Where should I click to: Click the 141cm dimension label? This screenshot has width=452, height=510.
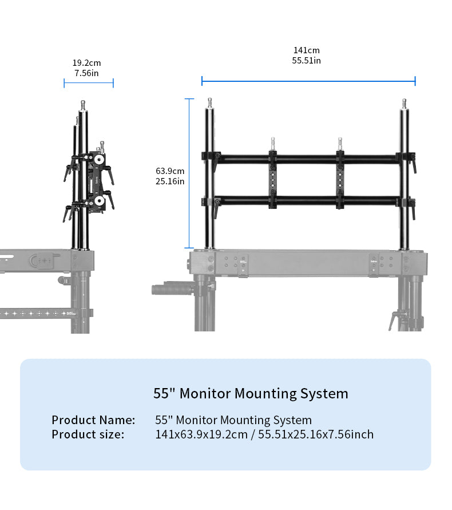click(x=307, y=50)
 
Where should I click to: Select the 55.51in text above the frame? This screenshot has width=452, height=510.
click(x=307, y=61)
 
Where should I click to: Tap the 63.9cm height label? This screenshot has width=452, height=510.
click(x=170, y=171)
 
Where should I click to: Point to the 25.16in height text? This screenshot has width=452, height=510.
click(x=170, y=181)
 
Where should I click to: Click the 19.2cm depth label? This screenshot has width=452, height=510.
click(x=86, y=63)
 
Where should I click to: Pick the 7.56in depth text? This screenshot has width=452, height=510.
click(x=86, y=73)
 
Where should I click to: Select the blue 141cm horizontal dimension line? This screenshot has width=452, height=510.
click(x=308, y=81)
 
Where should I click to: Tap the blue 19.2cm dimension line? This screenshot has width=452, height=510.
click(x=89, y=84)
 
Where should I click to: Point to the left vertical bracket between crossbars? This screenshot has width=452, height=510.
click(x=274, y=179)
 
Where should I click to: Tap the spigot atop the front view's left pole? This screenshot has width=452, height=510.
click(x=210, y=104)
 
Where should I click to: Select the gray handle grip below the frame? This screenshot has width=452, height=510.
click(x=171, y=289)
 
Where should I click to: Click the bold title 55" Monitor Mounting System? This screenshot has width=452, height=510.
click(x=251, y=394)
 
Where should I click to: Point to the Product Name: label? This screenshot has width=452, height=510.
click(x=93, y=420)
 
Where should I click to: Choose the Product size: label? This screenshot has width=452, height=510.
click(x=88, y=434)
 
